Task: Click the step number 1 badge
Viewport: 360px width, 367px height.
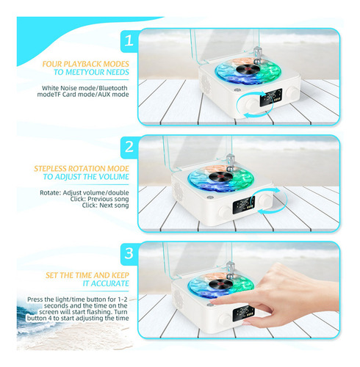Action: [x=129, y=41]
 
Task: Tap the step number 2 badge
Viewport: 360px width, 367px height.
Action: [x=129, y=147]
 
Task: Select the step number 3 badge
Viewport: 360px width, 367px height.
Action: [x=129, y=254]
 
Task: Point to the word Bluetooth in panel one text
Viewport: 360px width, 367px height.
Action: [x=113, y=88]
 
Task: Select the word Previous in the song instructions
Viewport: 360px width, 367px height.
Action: [x=98, y=199]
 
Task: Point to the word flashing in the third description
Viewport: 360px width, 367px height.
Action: [x=100, y=312]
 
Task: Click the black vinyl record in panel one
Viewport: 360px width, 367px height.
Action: [x=248, y=69]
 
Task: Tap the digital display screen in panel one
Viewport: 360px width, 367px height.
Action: [x=271, y=97]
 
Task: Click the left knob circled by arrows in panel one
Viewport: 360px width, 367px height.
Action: [x=251, y=103]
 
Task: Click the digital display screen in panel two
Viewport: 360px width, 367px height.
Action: [x=244, y=205]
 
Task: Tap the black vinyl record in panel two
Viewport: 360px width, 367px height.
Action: [x=220, y=177]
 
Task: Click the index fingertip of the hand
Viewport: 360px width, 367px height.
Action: [x=213, y=302]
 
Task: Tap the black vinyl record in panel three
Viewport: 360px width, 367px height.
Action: [x=220, y=284]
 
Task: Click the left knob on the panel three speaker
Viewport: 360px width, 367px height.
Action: [x=225, y=319]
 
